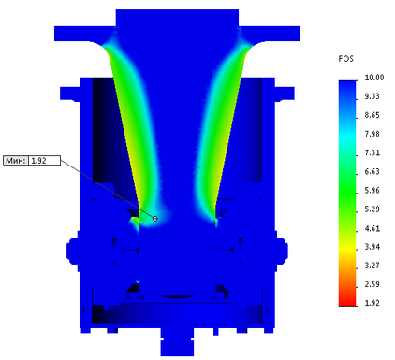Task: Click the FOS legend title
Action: click(345, 59)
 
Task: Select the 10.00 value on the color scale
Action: click(374, 78)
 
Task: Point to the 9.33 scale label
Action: click(372, 96)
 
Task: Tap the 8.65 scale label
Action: click(372, 115)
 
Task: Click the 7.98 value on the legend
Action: click(372, 134)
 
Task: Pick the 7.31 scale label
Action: click(372, 152)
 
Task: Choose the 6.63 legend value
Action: click(372, 171)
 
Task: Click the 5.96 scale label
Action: click(372, 190)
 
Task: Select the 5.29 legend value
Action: click(372, 209)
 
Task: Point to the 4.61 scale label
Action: click(372, 228)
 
